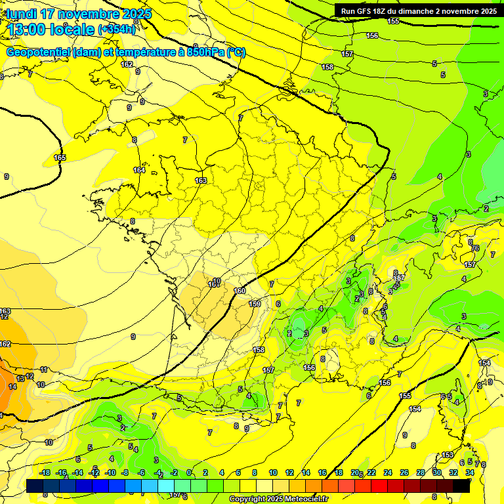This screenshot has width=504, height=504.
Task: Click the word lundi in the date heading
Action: [22, 14]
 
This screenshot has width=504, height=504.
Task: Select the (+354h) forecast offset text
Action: [117, 30]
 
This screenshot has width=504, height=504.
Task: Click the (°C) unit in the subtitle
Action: [236, 52]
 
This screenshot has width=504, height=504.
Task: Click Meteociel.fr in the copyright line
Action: [302, 499]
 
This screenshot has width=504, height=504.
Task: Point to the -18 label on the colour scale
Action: [45, 472]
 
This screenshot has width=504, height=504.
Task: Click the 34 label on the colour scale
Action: [470, 472]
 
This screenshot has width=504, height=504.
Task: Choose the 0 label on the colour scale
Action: [189, 472]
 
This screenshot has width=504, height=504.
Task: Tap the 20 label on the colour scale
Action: [355, 472]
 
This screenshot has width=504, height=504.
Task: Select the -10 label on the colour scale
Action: [110, 472]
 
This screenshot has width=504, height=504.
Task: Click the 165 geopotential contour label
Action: [60, 157]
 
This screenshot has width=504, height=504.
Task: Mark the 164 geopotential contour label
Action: [139, 170]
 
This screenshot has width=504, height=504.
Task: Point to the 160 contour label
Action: [240, 291]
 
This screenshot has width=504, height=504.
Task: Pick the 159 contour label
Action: [255, 304]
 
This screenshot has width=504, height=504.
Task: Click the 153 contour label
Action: [448, 455]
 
